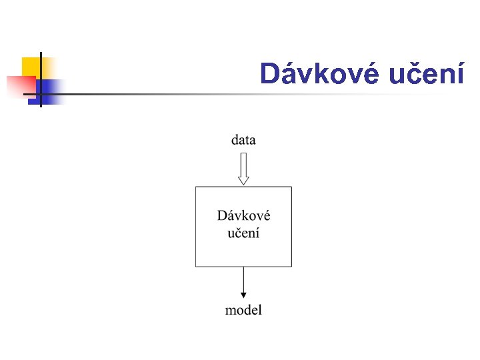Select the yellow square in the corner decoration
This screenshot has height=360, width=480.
click(31, 67)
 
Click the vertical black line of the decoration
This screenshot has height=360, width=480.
click(41, 80)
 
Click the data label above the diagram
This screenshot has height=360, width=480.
click(243, 140)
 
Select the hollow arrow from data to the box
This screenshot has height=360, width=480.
click(243, 167)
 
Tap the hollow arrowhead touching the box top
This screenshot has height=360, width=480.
click(243, 180)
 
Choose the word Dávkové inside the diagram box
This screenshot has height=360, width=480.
click(244, 216)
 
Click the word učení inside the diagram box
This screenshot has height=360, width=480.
click(244, 233)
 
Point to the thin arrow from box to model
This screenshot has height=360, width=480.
click(243, 280)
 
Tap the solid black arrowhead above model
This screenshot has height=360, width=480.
click(243, 295)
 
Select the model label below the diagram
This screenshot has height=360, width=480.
click(244, 310)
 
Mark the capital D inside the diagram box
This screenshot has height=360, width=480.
click(222, 216)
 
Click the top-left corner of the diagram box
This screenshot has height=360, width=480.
click(195, 187)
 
